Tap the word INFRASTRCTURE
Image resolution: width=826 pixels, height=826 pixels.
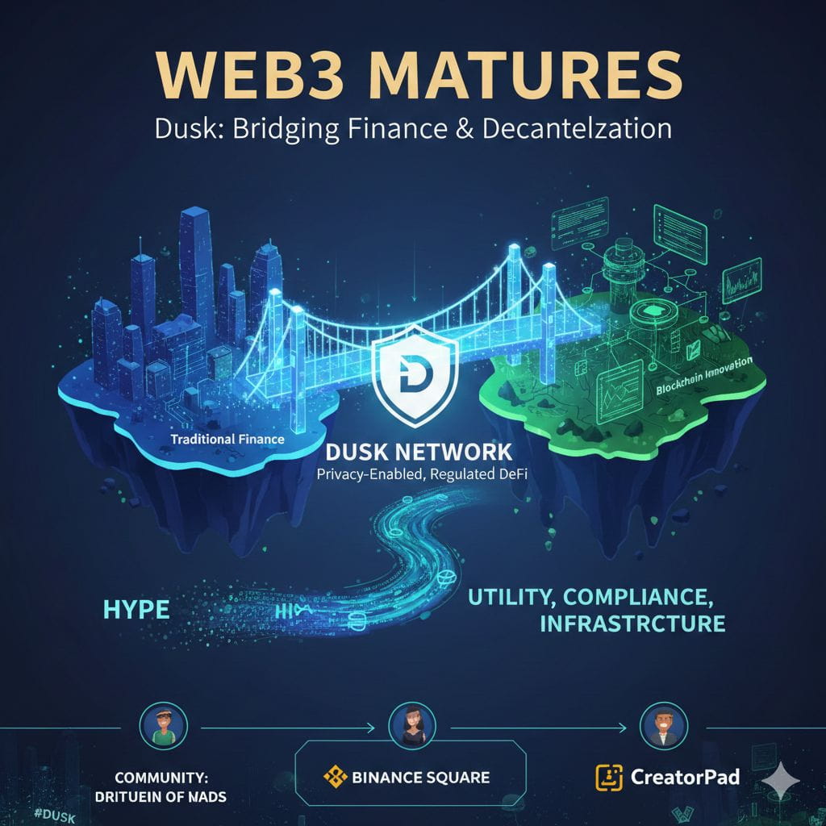627,624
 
